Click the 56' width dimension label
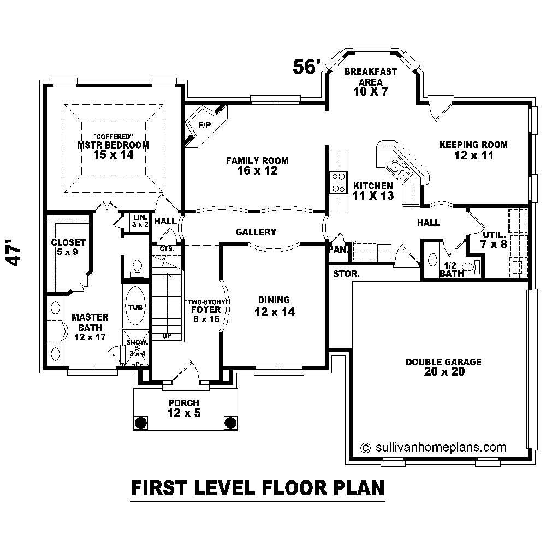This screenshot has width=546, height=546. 306,66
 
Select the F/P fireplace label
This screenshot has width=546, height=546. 204,126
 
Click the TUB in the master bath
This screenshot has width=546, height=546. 135,307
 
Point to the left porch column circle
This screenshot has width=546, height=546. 141,423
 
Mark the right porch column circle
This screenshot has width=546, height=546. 230,423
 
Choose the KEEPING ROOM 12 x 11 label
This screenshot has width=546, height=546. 473,150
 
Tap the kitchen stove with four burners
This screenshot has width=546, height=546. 338,182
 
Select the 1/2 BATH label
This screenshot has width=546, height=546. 452,269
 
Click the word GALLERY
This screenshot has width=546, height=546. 256,232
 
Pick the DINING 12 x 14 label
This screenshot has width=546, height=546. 274,306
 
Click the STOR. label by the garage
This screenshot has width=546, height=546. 346,274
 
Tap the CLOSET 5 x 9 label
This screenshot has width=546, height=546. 68,247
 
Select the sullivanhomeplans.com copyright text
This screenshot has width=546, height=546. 434,447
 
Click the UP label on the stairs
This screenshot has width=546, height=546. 167,336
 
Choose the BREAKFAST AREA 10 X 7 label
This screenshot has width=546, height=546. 370,81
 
